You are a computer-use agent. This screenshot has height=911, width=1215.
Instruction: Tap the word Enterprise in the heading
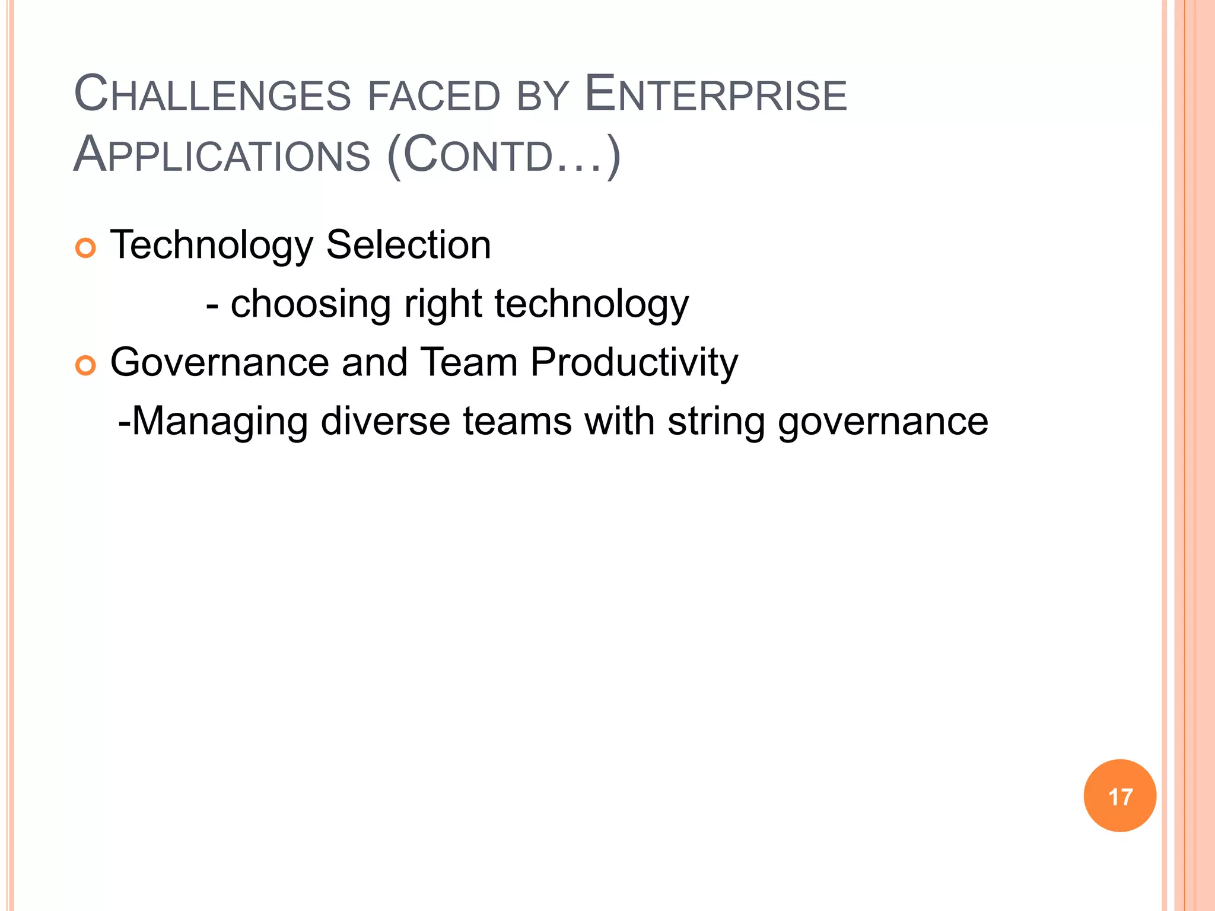click(x=715, y=95)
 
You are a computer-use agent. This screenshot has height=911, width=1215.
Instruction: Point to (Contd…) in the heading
click(x=504, y=155)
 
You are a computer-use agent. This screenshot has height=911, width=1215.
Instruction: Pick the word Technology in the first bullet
click(x=212, y=246)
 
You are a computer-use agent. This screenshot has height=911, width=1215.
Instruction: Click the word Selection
click(x=409, y=244)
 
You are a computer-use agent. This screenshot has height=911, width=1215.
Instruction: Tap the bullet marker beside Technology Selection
click(x=85, y=248)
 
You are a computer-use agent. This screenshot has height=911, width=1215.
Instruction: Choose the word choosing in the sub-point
click(x=310, y=304)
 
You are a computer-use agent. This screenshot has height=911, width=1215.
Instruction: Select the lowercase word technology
click(x=591, y=304)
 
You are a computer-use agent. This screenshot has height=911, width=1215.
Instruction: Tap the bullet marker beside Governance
click(x=85, y=366)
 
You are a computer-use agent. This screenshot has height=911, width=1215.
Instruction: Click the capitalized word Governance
click(x=220, y=362)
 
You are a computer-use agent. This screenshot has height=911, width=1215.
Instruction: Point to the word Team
click(x=469, y=362)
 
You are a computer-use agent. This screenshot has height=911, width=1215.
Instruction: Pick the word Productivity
click(x=634, y=363)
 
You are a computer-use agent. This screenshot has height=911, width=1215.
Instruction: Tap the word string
click(x=716, y=422)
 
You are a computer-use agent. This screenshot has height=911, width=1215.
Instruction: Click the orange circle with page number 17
click(x=1119, y=796)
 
